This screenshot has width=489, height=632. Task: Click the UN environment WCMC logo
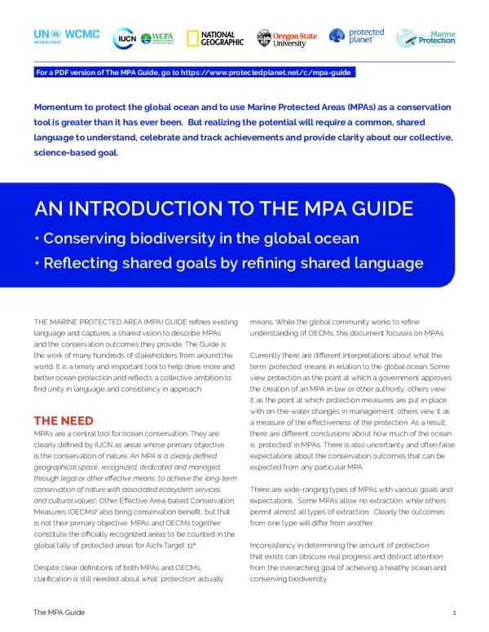coord(67,37)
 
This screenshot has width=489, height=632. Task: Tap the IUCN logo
coord(126,37)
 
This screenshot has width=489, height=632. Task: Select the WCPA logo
coord(157,37)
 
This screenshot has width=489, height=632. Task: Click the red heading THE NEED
coord(63,420)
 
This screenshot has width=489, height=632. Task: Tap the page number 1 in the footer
coord(453,611)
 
